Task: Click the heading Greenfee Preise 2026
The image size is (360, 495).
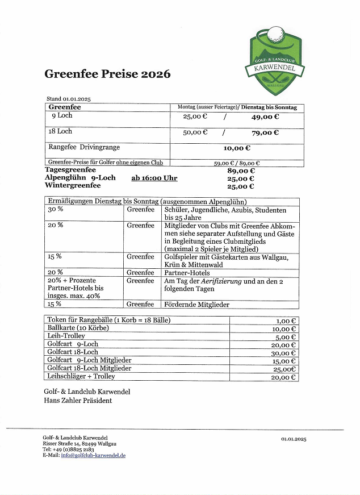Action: pos(107,74)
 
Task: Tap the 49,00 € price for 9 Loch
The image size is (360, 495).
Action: pos(265,117)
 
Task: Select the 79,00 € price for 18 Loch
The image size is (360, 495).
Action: pos(265,133)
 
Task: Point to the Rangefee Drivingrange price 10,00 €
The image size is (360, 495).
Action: pos(237,148)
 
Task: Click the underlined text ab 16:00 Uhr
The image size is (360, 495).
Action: pos(154,178)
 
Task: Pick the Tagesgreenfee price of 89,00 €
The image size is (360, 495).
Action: pos(241,170)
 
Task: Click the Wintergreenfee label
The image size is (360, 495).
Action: pos(73,186)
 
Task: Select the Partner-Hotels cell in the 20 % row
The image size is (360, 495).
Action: pos(187,272)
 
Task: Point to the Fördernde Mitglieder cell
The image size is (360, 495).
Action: pos(196,305)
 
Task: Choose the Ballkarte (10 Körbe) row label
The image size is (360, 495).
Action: pos(78,328)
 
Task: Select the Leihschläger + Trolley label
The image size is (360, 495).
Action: pos(81,376)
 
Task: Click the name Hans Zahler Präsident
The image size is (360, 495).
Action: pos(78,400)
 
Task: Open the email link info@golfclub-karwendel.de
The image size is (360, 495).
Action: pos(93,455)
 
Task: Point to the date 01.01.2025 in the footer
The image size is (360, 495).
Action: pos(293,439)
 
